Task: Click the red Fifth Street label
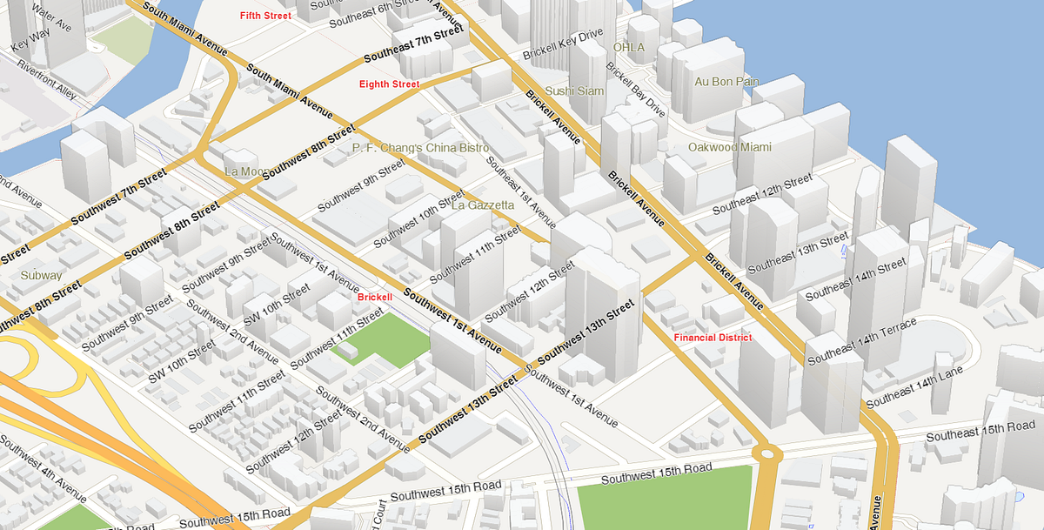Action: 266,16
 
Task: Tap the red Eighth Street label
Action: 390,84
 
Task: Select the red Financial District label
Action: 713,337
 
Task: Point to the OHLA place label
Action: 629,47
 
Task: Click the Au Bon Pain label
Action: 726,82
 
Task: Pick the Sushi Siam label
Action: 574,91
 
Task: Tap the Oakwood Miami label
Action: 729,147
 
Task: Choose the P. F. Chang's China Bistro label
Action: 421,148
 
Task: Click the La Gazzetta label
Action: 483,205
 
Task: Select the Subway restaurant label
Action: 42,275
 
